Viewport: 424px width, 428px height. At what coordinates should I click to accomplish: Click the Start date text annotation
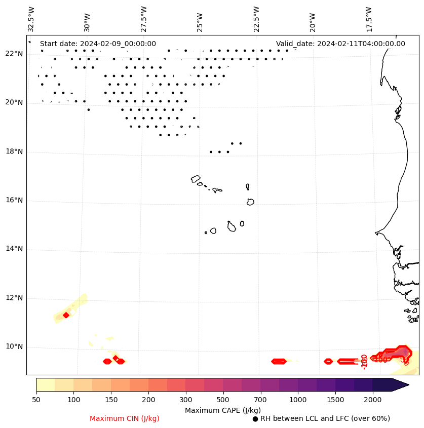click(98, 44)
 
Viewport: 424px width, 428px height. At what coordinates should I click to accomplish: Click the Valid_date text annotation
click(340, 44)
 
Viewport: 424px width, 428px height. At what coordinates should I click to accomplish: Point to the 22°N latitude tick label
click(14, 54)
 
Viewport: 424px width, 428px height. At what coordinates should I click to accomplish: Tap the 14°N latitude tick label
click(14, 249)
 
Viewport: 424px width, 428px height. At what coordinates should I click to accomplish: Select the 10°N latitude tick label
click(14, 347)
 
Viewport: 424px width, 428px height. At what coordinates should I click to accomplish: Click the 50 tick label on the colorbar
click(36, 400)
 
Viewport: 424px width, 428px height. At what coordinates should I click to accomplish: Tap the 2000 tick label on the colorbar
click(373, 400)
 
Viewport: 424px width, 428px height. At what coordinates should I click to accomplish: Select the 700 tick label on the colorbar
click(260, 400)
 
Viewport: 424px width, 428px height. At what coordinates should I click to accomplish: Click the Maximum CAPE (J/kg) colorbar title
click(223, 410)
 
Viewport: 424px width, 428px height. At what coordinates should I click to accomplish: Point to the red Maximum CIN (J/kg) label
click(125, 418)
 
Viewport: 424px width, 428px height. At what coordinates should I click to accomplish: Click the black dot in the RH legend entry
click(255, 419)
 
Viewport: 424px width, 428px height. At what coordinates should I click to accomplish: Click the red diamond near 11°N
click(66, 315)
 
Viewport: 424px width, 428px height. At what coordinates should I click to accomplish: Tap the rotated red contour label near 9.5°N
click(364, 361)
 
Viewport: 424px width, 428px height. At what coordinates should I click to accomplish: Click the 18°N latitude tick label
click(14, 151)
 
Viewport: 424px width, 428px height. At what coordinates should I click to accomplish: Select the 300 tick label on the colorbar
click(185, 400)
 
